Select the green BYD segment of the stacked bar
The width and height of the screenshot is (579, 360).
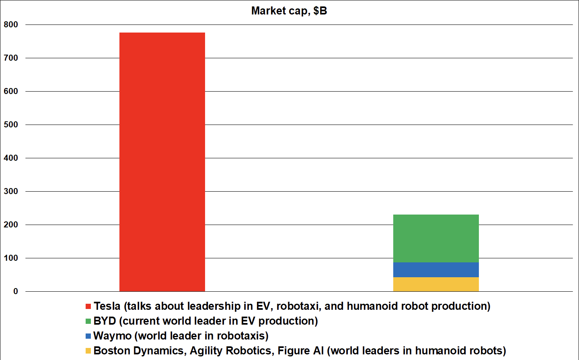(x=436, y=238)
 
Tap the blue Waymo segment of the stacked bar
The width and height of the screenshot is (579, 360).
(x=436, y=270)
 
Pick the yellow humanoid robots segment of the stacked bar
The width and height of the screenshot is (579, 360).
(x=436, y=284)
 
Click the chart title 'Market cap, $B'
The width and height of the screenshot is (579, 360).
(x=289, y=11)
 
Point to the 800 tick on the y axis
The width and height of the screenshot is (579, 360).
(x=11, y=25)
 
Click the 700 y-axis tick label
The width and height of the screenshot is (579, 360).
(x=11, y=58)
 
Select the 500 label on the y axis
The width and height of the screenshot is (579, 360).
(x=11, y=125)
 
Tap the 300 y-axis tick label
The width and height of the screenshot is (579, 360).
(x=11, y=191)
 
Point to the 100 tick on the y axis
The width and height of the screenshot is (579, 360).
(x=11, y=258)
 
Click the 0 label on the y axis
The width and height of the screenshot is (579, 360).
(x=16, y=291)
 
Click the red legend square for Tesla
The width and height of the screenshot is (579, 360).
(x=88, y=307)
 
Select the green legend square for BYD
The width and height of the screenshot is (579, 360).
(x=88, y=321)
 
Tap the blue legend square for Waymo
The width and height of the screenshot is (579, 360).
(x=88, y=336)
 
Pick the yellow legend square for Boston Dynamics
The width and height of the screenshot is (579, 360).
(x=88, y=351)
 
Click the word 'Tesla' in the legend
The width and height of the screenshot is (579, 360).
(x=107, y=306)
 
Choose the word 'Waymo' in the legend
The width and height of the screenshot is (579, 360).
(x=113, y=336)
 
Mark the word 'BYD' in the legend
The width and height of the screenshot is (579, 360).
(x=105, y=321)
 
